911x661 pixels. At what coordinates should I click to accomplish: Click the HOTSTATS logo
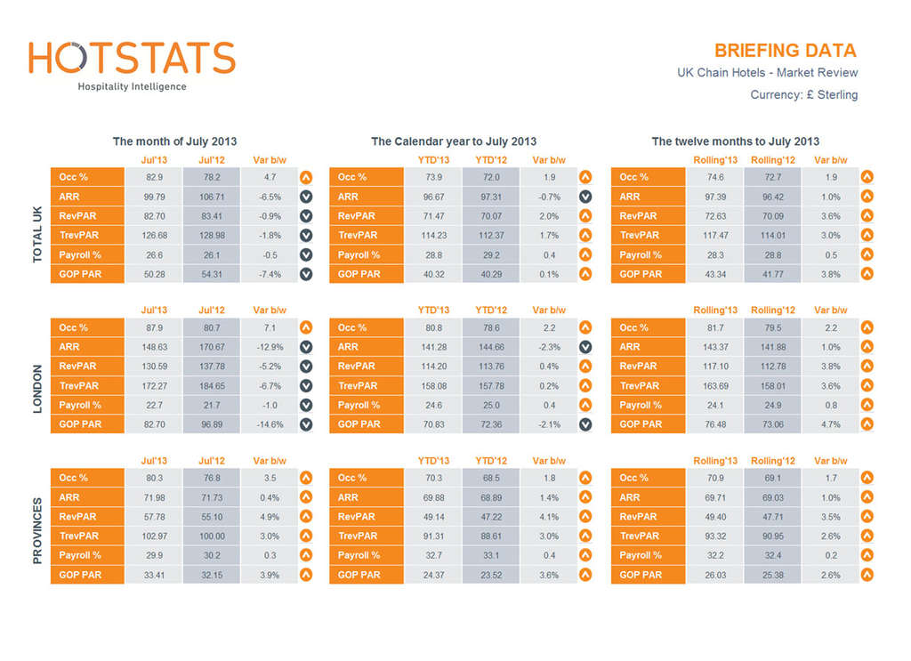[132, 58]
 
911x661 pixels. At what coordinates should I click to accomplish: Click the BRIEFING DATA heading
[785, 51]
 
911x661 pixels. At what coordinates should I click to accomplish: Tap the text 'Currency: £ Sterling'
[803, 94]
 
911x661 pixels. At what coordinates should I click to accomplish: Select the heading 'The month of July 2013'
[174, 141]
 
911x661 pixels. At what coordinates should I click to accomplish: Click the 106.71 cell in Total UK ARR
[211, 197]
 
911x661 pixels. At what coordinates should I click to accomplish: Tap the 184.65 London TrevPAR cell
[211, 386]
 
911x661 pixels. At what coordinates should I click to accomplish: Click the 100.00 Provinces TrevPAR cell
[211, 536]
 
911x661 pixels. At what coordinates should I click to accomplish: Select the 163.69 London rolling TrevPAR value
[715, 386]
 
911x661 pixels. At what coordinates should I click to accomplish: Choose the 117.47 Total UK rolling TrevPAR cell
[715, 236]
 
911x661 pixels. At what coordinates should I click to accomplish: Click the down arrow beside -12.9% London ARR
[306, 347]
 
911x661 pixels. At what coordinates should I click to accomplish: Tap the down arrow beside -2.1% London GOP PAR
[585, 424]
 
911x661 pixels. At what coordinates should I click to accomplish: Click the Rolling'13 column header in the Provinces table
[715, 461]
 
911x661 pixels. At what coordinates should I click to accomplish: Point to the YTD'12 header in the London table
[491, 310]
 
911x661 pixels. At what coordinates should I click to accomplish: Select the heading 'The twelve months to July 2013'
[735, 141]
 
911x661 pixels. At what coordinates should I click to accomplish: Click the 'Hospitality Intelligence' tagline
[132, 86]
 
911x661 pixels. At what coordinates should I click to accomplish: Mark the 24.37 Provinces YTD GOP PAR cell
[433, 575]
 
